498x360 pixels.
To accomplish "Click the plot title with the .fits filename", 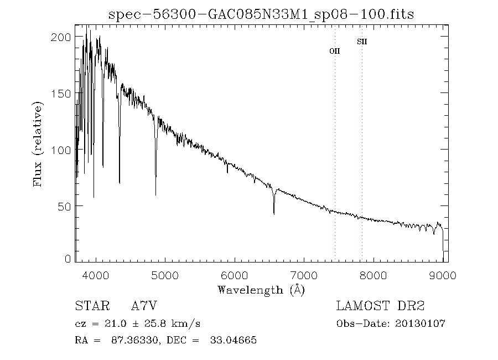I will [x=262, y=13].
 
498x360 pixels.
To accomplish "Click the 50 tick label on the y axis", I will [x=64, y=206].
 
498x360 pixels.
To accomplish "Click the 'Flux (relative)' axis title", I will [x=38, y=144].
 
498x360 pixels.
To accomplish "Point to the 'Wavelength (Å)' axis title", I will [x=261, y=290].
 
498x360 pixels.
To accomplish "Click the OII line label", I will [x=334, y=51].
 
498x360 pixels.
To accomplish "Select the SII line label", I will [x=362, y=42].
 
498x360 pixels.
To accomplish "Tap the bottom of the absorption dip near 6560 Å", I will [x=274, y=213].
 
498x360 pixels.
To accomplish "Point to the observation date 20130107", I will [x=424, y=323].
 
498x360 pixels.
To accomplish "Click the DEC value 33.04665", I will [x=233, y=340].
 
